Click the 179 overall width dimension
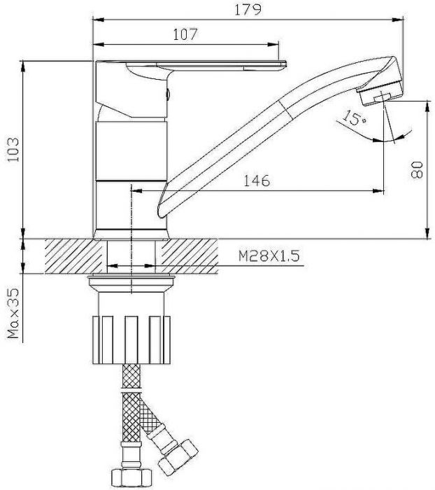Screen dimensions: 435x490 click(x=248, y=10)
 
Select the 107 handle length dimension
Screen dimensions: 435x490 click(x=185, y=34)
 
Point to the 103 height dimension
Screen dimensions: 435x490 click(x=13, y=150)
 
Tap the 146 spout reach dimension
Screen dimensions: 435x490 click(x=257, y=181)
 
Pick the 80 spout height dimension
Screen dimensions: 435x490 click(x=417, y=169)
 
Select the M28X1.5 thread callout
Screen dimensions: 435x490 click(x=269, y=256)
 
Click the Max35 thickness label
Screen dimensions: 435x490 click(x=14, y=314)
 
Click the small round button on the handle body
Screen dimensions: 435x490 click(x=167, y=93)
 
